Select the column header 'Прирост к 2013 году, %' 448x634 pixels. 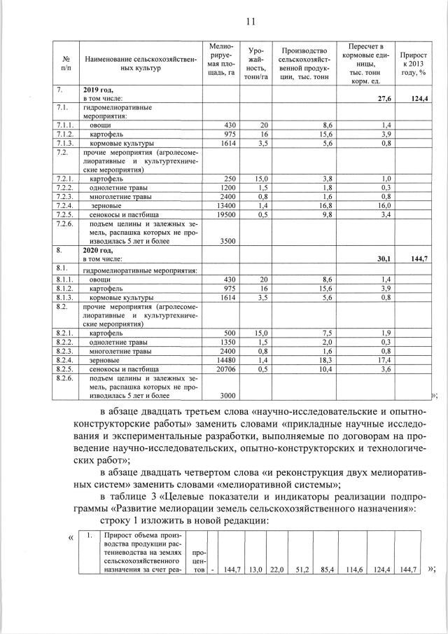[x=414, y=63]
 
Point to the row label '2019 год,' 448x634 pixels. [x=99, y=90]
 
